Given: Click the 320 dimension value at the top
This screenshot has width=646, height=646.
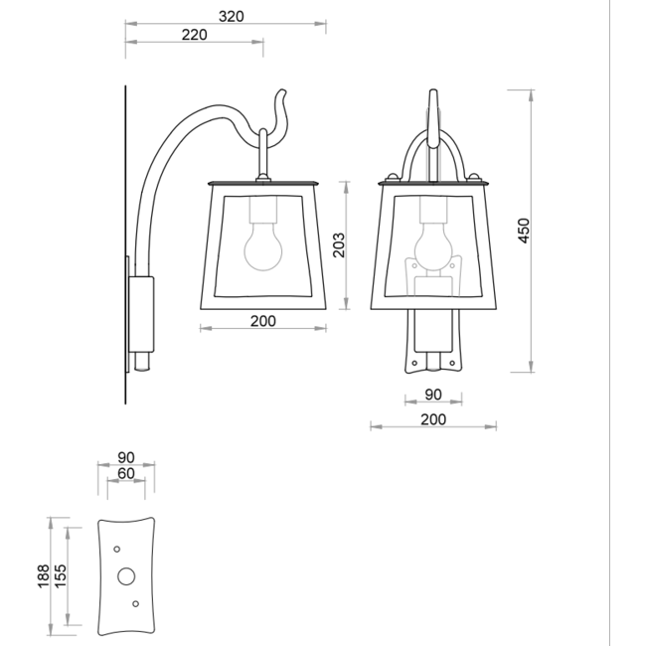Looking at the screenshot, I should click(231, 16).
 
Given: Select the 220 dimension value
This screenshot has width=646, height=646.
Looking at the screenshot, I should click(195, 35).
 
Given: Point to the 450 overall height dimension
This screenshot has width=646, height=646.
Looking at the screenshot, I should click(526, 229).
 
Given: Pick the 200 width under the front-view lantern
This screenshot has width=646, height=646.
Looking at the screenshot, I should click(432, 419).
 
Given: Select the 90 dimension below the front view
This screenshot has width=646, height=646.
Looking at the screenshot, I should click(433, 393).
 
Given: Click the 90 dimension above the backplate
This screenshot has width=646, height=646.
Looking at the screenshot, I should click(125, 457).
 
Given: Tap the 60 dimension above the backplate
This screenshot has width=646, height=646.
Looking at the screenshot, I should click(125, 473).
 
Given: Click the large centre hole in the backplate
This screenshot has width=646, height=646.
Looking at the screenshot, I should click(126, 575).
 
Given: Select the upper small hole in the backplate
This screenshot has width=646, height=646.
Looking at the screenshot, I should click(117, 549).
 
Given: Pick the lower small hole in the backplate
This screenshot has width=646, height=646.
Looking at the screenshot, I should click(136, 603).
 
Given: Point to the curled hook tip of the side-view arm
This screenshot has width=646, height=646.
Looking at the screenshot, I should click(281, 100).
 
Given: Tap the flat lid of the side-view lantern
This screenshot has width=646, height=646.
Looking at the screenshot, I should click(261, 184).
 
